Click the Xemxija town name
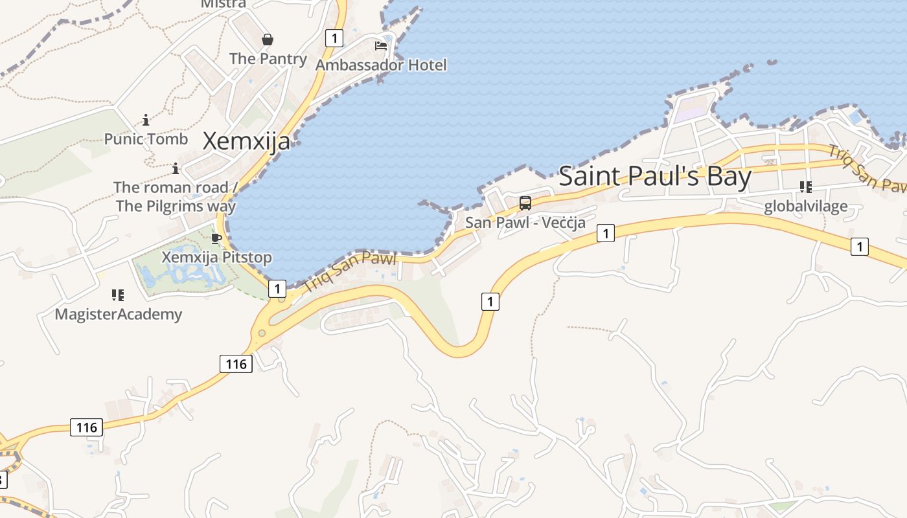tap(246, 141)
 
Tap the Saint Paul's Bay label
tap(655, 176)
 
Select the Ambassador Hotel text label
tap(381, 65)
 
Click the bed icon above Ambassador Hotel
tap(381, 46)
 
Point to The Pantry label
tap(268, 58)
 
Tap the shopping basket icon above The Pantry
tap(268, 40)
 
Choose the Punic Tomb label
tap(146, 139)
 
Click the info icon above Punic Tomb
tap(146, 120)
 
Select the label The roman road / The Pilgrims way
tap(176, 196)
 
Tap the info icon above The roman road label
tap(176, 169)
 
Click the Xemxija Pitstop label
tap(216, 257)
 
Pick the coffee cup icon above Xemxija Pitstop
tap(216, 238)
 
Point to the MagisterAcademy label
tap(118, 315)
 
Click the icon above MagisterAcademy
tap(118, 295)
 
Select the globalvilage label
tap(805, 206)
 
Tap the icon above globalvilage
tap(806, 187)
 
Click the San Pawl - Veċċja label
tap(525, 222)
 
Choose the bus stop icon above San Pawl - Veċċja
tap(525, 203)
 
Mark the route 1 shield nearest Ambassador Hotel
tap(334, 38)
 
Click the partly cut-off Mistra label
tap(224, 4)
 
